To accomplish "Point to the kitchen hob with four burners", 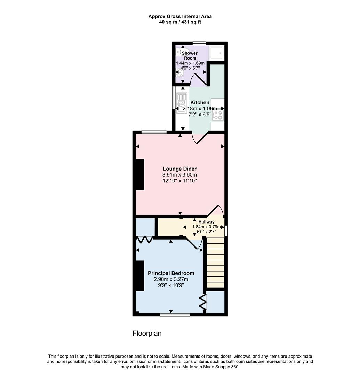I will tap(218, 115).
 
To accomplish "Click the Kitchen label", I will tap(200, 102).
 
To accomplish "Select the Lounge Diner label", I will tap(179, 169).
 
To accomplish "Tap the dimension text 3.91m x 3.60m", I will tap(179, 175).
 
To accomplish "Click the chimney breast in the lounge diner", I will tap(140, 174).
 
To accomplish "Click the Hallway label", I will tap(206, 222).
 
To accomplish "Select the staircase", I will tap(215, 263).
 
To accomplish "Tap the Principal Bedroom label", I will tap(171, 273).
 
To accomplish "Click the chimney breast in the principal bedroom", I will tap(140, 276).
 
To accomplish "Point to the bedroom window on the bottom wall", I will tap(175, 315).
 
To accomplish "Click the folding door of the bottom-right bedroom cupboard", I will tap(203, 302).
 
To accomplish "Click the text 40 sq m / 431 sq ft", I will tap(180, 22).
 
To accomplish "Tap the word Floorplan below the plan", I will tap(147, 334).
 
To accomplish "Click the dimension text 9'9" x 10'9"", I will tap(171, 285).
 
